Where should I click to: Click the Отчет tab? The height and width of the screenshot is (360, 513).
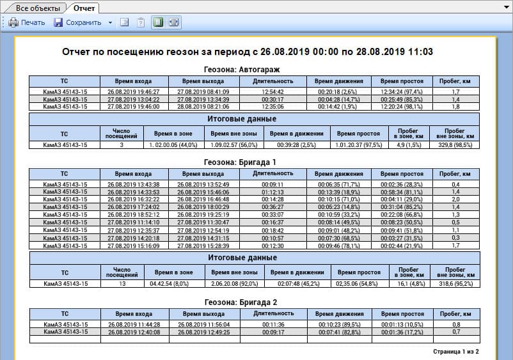click(84, 8)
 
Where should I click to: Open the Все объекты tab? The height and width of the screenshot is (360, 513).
click(38, 8)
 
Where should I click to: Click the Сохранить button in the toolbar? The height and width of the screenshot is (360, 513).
click(78, 22)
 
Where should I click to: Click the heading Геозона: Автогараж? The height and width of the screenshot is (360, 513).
click(242, 69)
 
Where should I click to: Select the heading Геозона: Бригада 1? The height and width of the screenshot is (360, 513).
click(242, 162)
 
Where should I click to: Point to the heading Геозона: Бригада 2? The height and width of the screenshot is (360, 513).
click(242, 301)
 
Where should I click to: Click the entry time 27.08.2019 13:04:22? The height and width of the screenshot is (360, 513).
click(134, 99)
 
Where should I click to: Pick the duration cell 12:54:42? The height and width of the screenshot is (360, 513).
click(272, 91)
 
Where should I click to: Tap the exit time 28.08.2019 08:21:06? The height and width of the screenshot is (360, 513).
click(203, 107)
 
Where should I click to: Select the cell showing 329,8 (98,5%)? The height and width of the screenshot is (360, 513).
click(455, 145)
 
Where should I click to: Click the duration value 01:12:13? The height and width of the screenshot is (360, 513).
click(272, 192)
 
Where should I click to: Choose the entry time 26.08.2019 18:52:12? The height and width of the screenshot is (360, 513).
click(134, 214)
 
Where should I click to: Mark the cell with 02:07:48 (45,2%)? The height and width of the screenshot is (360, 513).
click(298, 283)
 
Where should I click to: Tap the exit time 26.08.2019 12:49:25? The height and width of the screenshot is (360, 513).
click(203, 332)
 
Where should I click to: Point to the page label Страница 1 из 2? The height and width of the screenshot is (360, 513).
click(455, 352)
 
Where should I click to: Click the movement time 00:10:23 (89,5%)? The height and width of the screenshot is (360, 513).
click(340, 324)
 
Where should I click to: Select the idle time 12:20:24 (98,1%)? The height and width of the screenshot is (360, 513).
click(402, 107)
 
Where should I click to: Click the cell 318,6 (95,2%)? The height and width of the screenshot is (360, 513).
click(455, 283)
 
